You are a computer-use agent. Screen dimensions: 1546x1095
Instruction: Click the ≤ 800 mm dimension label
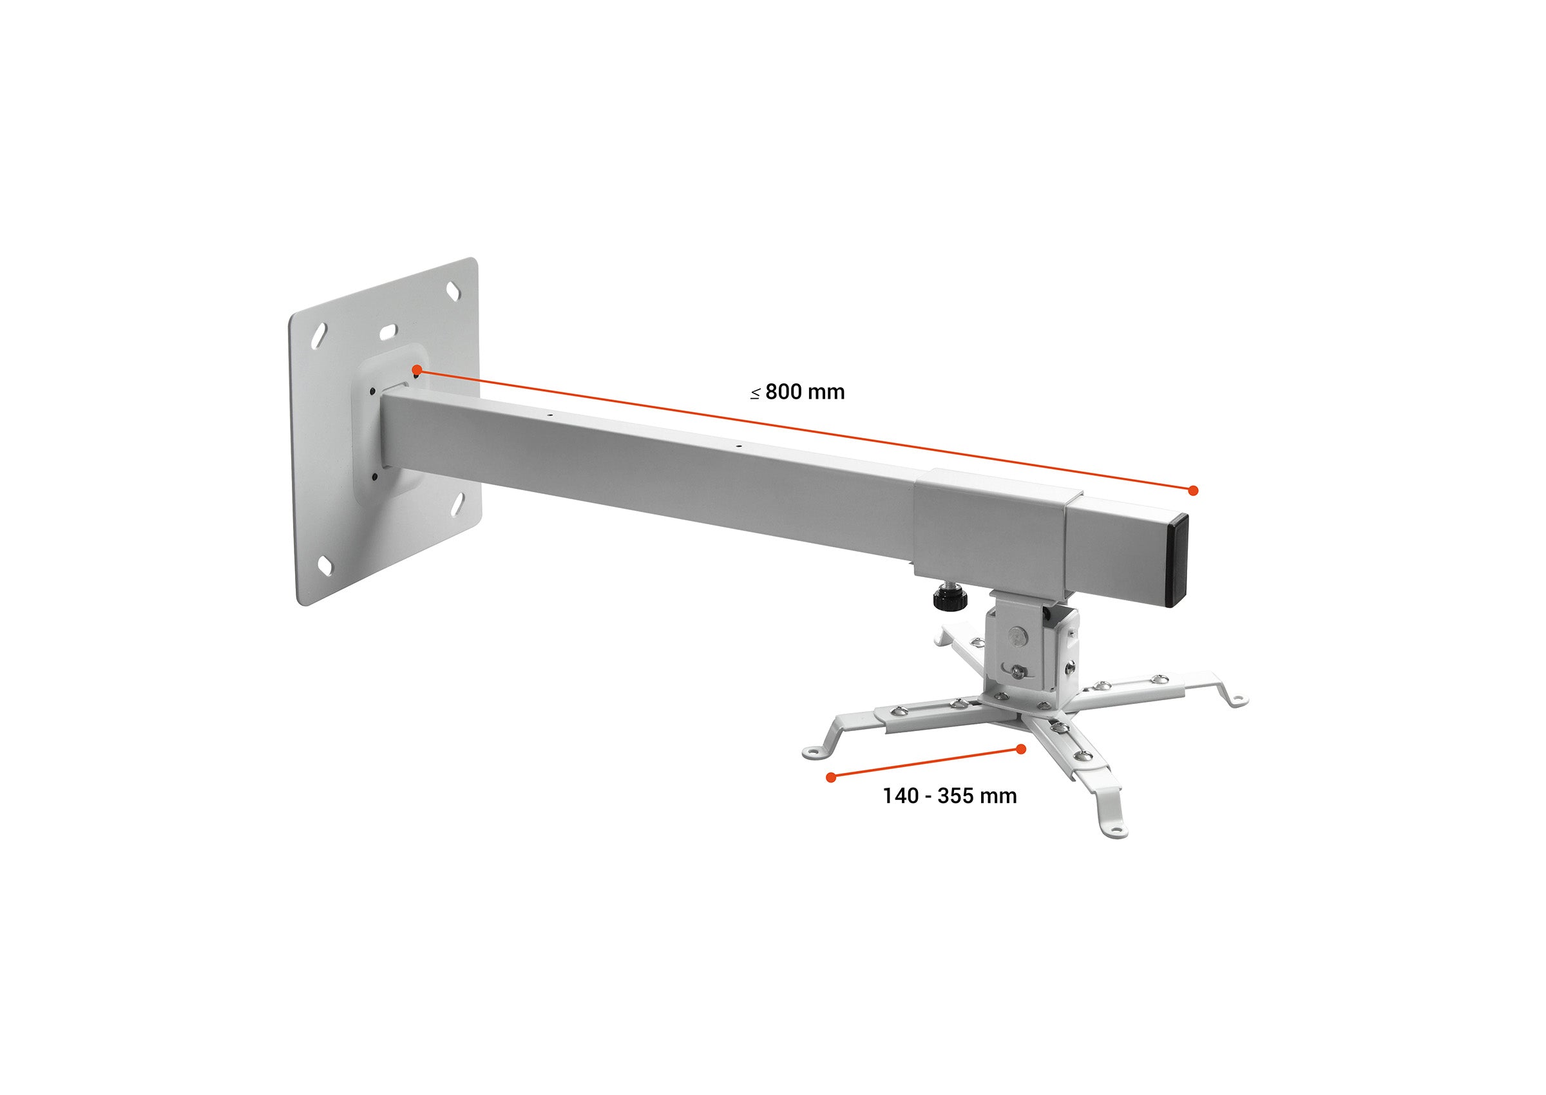(797, 392)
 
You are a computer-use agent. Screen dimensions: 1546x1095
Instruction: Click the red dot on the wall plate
(417, 370)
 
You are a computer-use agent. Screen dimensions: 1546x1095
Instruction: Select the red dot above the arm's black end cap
(1193, 490)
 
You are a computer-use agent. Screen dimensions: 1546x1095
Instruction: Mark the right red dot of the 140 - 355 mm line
(1022, 748)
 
